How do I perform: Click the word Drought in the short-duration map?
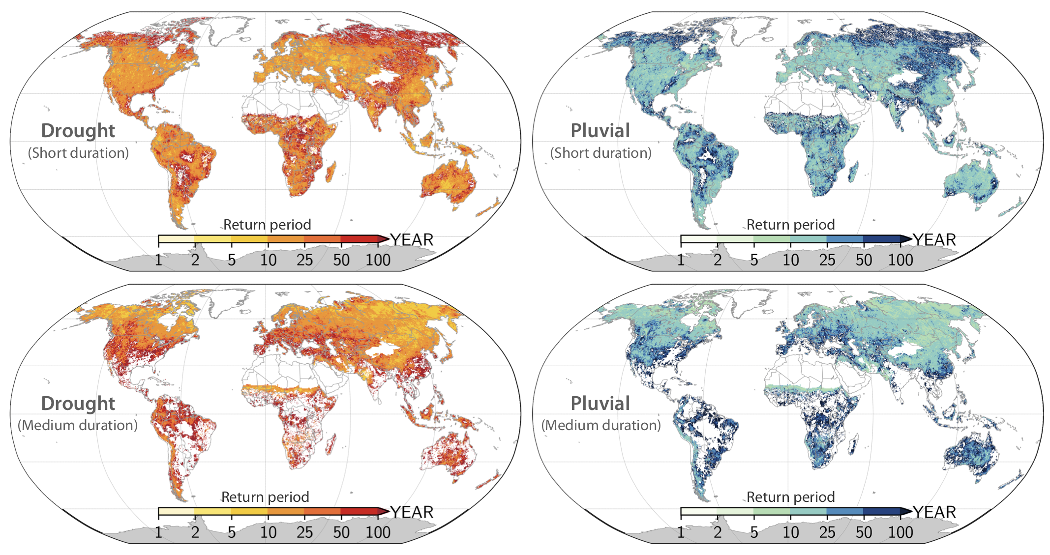click(78, 131)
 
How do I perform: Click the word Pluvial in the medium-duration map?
click(600, 404)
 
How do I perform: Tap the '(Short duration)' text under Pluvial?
click(600, 153)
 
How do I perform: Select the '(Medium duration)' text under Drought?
click(78, 425)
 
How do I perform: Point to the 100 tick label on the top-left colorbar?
click(378, 260)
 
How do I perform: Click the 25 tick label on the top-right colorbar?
click(827, 260)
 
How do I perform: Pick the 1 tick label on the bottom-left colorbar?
click(158, 532)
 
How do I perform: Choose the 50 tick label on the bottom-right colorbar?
click(864, 532)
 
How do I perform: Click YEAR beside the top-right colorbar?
click(934, 240)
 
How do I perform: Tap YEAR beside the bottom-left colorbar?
click(412, 512)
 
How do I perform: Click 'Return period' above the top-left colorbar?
click(267, 225)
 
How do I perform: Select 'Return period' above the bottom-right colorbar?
click(790, 497)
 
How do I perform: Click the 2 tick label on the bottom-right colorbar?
click(718, 532)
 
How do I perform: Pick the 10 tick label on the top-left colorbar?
click(268, 260)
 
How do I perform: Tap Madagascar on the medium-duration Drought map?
click(331, 444)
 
